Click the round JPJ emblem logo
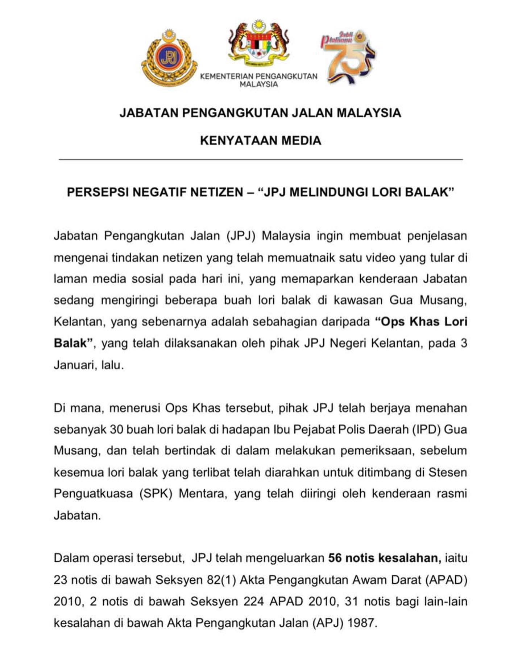169,58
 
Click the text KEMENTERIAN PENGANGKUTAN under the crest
259,76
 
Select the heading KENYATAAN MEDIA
261,140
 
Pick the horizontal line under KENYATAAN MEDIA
261,159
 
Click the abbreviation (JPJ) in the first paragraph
241,236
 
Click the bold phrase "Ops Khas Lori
421,322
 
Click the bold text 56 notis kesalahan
385,558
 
